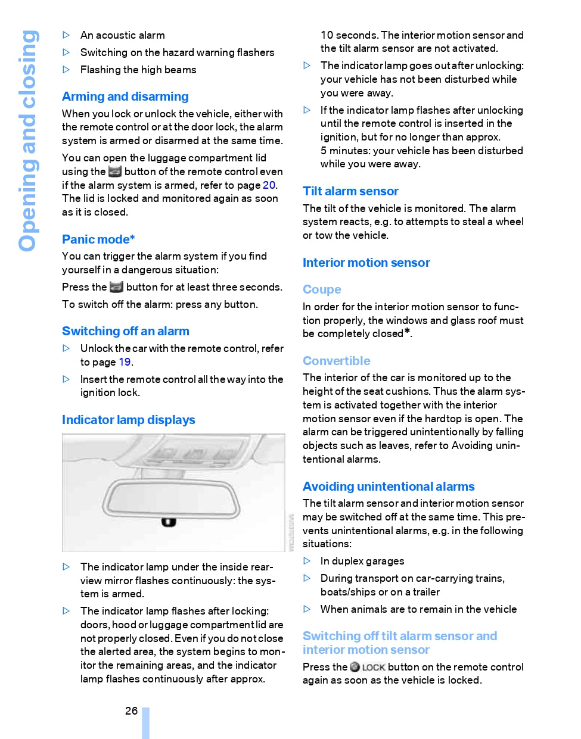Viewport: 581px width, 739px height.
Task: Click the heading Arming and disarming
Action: [125, 96]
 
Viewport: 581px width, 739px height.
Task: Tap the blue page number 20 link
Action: [269, 185]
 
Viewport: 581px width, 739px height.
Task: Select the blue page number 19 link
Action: [125, 362]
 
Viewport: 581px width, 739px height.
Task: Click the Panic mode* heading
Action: [98, 239]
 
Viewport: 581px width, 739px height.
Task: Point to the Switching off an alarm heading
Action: [126, 331]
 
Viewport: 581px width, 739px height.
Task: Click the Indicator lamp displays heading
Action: [129, 420]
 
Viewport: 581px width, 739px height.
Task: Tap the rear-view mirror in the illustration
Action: [172, 497]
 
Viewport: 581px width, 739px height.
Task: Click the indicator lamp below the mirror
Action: [169, 522]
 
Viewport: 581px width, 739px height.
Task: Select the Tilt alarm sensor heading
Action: [350, 191]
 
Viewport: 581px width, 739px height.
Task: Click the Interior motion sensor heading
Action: [366, 263]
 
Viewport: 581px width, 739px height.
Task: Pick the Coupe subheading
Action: [322, 289]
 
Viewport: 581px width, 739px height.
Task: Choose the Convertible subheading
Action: [336, 361]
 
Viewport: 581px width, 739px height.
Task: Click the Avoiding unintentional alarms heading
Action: [389, 487]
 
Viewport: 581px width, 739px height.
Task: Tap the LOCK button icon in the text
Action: [368, 667]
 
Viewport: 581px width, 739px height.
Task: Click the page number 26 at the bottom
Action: [131, 710]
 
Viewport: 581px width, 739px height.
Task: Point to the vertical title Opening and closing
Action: [28, 141]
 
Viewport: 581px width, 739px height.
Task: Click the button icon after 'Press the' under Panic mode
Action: [117, 287]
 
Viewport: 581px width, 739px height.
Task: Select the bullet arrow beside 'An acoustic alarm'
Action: [66, 35]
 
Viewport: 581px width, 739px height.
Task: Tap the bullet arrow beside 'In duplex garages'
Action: [307, 561]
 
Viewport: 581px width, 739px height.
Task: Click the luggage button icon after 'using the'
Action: [115, 172]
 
